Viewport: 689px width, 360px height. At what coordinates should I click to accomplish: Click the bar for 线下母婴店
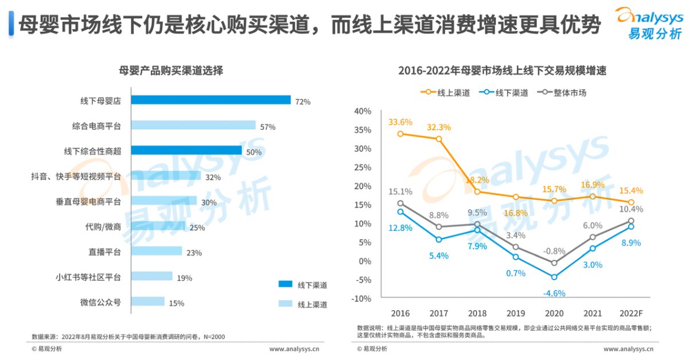tap(211, 100)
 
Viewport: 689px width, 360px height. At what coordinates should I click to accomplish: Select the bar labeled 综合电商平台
tap(193, 125)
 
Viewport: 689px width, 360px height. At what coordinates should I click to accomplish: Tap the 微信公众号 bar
tap(148, 301)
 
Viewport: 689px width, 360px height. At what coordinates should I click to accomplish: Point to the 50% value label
tap(254, 152)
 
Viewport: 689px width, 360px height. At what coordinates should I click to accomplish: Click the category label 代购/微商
tap(103, 227)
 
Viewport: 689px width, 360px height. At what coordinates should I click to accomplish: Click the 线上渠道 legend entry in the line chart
tap(446, 92)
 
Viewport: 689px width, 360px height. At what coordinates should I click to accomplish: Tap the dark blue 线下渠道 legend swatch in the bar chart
tap(285, 284)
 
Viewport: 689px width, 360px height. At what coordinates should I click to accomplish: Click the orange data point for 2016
tap(400, 134)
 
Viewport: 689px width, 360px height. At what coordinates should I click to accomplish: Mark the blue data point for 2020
tap(554, 277)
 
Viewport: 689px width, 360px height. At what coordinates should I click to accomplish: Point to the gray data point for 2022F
tap(631, 221)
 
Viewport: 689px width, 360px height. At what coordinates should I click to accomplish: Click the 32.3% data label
tap(438, 127)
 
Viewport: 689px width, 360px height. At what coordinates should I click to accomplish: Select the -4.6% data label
tap(553, 293)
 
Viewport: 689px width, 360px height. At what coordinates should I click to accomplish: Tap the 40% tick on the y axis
tap(363, 111)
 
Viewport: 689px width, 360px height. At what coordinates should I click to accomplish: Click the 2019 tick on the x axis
tap(516, 313)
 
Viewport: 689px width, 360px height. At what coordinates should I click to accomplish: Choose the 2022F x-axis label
tap(630, 313)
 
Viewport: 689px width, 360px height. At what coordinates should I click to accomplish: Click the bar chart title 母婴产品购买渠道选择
tap(170, 71)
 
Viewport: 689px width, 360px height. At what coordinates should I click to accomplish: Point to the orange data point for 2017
tap(439, 139)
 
